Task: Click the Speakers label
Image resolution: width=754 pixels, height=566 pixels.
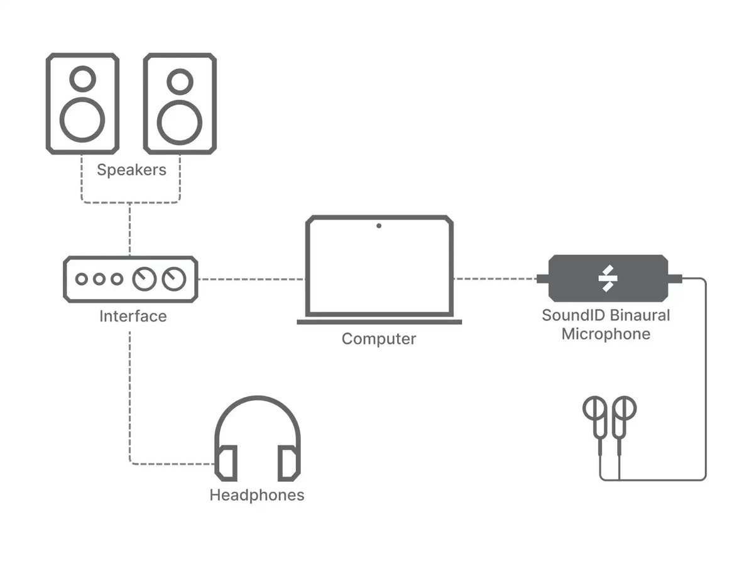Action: (x=131, y=170)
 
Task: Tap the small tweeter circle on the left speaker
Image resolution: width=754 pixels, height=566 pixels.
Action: (x=82, y=79)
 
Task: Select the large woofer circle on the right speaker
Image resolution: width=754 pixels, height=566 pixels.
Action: (x=180, y=120)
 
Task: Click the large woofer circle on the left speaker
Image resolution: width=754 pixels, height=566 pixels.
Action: (x=82, y=120)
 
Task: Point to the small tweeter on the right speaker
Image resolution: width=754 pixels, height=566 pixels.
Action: (x=180, y=80)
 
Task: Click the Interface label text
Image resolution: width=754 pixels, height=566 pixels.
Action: (x=133, y=316)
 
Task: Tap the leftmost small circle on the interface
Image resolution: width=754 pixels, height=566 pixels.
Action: (x=82, y=280)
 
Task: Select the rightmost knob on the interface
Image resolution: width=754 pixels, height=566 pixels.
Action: (x=174, y=280)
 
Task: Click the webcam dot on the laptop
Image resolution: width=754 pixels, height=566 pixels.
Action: (x=378, y=226)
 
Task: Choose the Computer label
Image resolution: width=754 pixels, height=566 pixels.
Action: (x=378, y=339)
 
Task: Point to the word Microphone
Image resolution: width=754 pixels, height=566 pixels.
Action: (x=606, y=334)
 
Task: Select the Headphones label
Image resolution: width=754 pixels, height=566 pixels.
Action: (x=256, y=495)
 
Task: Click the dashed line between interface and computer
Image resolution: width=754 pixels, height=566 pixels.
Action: (x=251, y=279)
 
